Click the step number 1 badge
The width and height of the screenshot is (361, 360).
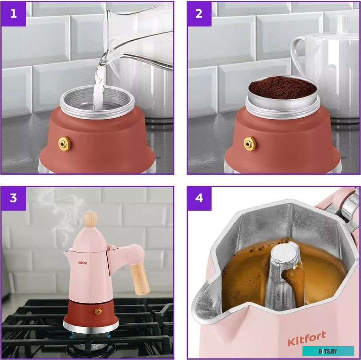pos(13,14)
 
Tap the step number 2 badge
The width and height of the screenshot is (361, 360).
pos(199,14)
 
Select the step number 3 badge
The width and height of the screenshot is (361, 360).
pos(13,198)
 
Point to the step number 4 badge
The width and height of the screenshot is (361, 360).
pos(199,198)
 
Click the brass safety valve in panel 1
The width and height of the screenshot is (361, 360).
pos(64,143)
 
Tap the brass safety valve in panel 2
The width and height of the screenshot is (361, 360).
pos(250,144)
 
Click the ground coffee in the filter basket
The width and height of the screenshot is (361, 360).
pos(283,87)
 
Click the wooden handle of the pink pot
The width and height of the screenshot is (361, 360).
pos(140,279)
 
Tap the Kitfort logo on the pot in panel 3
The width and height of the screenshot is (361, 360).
pos(83,263)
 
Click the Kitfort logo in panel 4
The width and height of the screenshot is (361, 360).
pos(307,338)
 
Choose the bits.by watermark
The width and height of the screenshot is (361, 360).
pos(328,351)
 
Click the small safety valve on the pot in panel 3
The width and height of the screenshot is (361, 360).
pos(98,311)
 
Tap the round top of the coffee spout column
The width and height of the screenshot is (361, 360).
pos(285,253)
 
